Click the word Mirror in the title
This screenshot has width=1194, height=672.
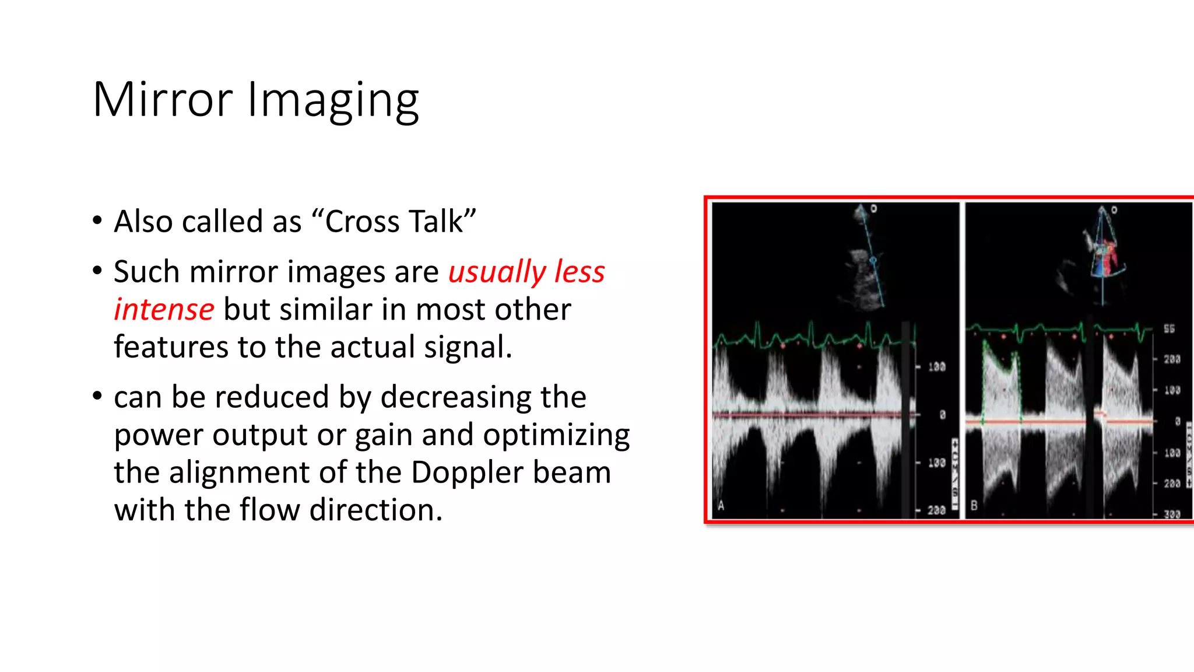[163, 100]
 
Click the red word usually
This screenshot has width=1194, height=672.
[497, 272]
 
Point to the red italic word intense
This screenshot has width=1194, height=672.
[164, 310]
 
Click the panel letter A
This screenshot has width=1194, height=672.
[721, 506]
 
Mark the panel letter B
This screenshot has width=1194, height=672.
[974, 506]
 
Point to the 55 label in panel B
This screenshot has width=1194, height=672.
[1169, 329]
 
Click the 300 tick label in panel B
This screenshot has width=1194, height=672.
[1172, 514]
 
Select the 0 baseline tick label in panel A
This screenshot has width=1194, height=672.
[942, 415]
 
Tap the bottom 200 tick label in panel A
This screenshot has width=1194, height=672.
[936, 510]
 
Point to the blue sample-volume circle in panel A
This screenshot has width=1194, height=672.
[873, 260]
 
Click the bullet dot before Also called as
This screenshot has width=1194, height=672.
[97, 221]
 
